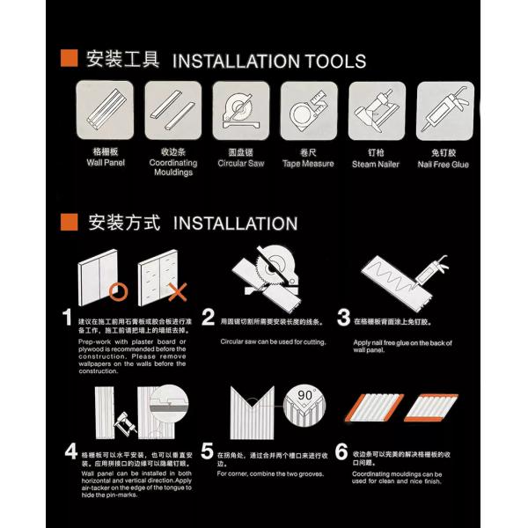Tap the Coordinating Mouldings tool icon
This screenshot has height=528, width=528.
pos(173,110)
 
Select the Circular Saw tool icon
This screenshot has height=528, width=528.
pos(241,110)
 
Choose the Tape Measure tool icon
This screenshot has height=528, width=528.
pos(309,110)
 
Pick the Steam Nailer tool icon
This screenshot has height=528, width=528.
pos(377,110)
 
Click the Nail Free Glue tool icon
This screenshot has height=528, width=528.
pos(444,110)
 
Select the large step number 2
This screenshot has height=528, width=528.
pos(209,318)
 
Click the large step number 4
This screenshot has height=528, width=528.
pos(70,452)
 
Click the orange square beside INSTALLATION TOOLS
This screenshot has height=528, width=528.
pos(66,60)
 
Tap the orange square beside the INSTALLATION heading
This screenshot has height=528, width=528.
pos(66,222)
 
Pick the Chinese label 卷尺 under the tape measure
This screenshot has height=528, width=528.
pos(308,151)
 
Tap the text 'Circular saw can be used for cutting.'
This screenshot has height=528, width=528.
pos(273,341)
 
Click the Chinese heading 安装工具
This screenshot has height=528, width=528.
pos(123,60)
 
